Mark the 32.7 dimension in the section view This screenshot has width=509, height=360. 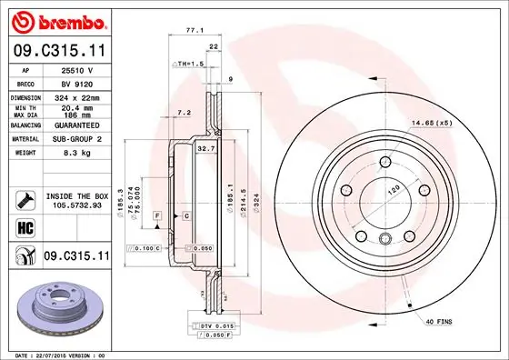205,146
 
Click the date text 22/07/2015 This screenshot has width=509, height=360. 55,354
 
